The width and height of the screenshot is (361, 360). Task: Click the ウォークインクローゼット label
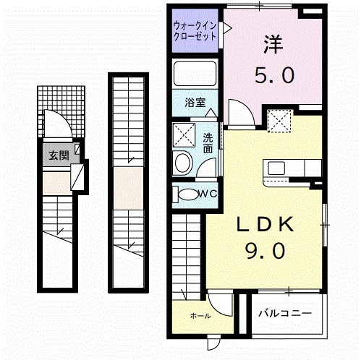[195, 30]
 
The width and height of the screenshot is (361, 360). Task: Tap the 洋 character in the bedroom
[273, 44]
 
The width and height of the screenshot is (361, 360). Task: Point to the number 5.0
[273, 74]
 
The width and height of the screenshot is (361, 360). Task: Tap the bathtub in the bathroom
[195, 75]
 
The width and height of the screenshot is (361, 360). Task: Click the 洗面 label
[208, 142]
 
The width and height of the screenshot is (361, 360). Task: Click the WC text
[208, 193]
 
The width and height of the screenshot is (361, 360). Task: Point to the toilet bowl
[187, 194]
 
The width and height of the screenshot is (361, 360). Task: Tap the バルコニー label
[285, 314]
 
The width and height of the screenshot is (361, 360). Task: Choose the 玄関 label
[58, 154]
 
